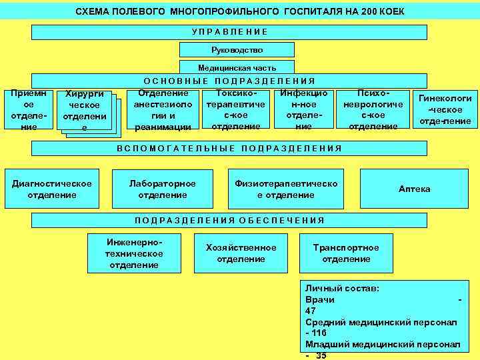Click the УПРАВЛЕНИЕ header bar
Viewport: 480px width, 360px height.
click(229, 32)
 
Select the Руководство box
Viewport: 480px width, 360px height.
click(237, 50)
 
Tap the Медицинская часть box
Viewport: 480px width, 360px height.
click(237, 67)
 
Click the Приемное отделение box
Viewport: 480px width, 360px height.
click(24, 110)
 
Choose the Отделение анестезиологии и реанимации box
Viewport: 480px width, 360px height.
click(163, 110)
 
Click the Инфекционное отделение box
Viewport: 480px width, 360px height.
click(303, 110)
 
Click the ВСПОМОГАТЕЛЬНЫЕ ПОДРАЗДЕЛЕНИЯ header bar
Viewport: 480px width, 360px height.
click(229, 148)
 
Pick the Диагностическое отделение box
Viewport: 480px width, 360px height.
click(52, 189)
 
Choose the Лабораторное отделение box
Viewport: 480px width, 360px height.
click(163, 189)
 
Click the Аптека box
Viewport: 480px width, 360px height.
click(414, 189)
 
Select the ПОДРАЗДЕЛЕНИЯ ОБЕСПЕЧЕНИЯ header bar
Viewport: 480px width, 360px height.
click(229, 220)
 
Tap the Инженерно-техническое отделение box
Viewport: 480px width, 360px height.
click(134, 251)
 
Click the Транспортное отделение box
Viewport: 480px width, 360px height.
click(346, 253)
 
